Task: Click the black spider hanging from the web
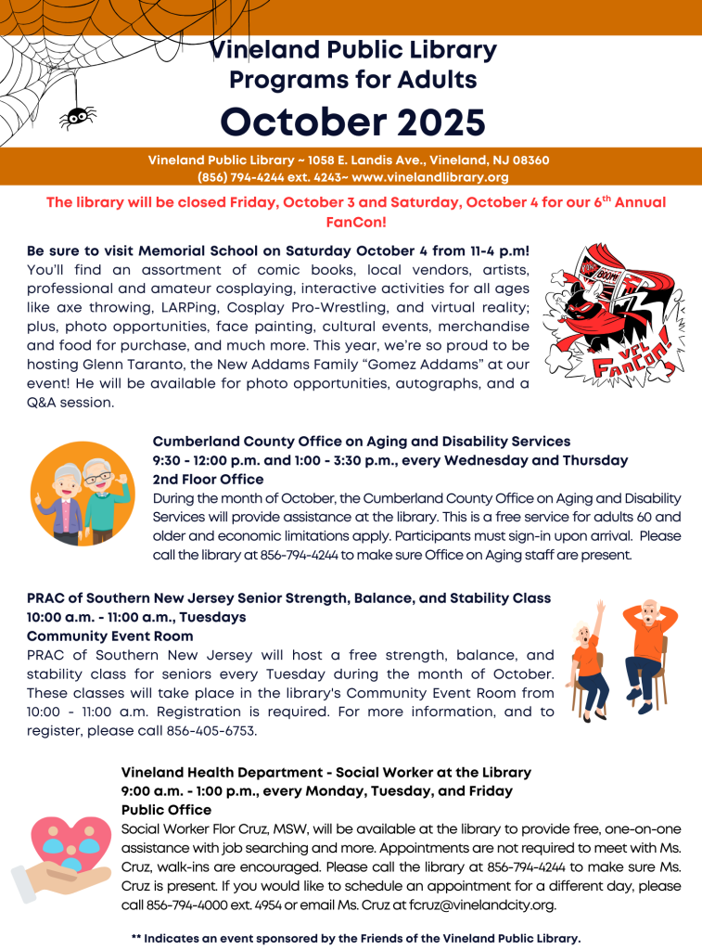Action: click(78, 115)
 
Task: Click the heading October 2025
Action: click(352, 121)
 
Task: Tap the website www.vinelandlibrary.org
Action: click(430, 176)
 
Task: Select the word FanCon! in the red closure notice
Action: click(356, 222)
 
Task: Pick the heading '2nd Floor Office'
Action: click(208, 480)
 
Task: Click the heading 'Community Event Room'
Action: click(109, 636)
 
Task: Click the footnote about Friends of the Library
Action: click(356, 938)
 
